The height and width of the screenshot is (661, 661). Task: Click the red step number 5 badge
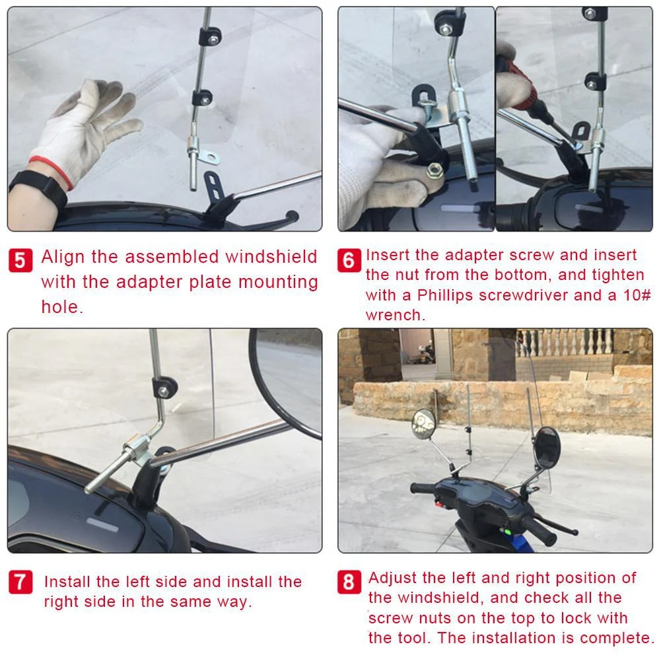[20, 261]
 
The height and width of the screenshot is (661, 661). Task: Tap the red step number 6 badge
[349, 260]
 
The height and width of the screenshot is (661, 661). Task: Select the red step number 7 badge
[20, 582]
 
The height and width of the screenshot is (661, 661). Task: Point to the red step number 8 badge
[349, 582]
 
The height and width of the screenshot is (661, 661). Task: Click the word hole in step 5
[60, 307]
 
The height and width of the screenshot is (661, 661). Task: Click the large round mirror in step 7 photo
[287, 380]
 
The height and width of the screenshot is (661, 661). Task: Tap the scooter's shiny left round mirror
[423, 422]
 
